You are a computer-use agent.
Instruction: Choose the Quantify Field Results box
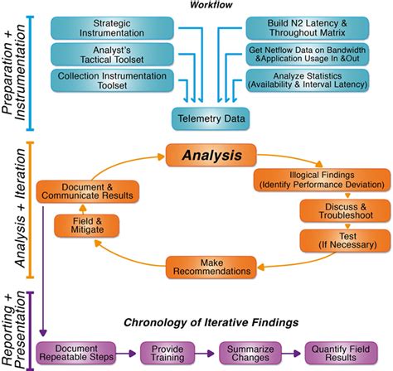click(337, 351)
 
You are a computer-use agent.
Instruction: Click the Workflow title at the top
click(212, 6)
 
